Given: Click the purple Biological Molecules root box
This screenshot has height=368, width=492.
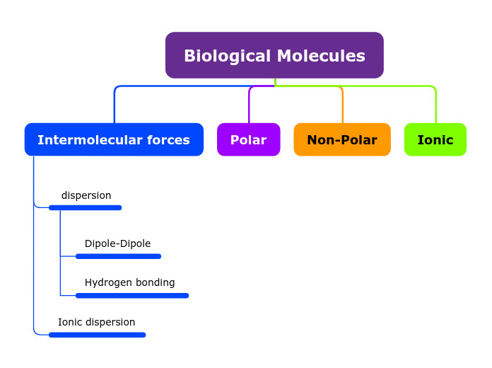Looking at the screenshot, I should pyautogui.click(x=274, y=55).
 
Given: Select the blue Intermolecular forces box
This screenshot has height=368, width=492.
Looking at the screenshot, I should pyautogui.click(x=114, y=139).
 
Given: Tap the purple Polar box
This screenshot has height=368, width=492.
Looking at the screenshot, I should pyautogui.click(x=248, y=139).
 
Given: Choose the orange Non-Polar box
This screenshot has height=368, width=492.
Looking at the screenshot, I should pyautogui.click(x=342, y=139).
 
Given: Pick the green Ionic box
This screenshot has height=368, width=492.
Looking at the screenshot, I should pyautogui.click(x=435, y=139).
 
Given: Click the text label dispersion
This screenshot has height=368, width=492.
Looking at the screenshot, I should pyautogui.click(x=86, y=195).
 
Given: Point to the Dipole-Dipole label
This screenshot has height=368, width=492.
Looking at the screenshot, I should pyautogui.click(x=117, y=243).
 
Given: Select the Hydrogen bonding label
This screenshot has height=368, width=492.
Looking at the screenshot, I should pyautogui.click(x=129, y=282).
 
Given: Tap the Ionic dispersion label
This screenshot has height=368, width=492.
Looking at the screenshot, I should pyautogui.click(x=96, y=322).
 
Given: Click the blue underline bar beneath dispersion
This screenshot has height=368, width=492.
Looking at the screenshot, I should pyautogui.click(x=85, y=207).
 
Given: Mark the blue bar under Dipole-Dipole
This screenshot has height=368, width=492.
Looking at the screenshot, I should pyautogui.click(x=118, y=256).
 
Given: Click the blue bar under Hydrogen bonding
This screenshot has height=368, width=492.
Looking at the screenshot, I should pyautogui.click(x=132, y=295).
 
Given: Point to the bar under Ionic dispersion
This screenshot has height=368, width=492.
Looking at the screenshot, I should pyautogui.click(x=97, y=335).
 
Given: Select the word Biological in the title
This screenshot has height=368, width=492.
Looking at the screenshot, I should pyautogui.click(x=228, y=56).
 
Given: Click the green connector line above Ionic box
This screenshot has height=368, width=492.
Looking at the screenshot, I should pyautogui.click(x=435, y=103).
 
